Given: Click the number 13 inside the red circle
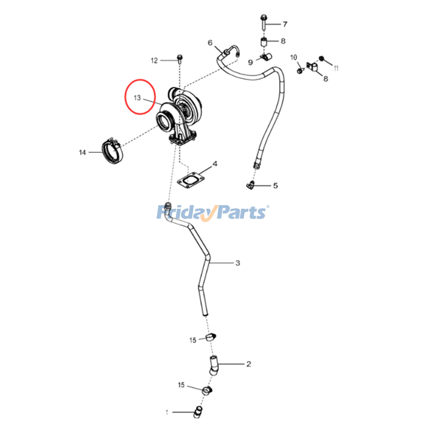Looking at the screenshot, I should tap(137, 98).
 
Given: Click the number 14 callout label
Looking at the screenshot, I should tap(83, 153).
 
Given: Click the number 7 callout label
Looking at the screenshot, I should tap(284, 24).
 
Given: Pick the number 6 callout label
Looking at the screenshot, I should tap(210, 43).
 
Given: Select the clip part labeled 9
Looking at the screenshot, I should tap(264, 56).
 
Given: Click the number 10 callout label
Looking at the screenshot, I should tap(293, 57).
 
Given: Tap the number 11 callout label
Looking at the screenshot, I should tap(336, 68).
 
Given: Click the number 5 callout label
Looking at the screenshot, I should tap(275, 186).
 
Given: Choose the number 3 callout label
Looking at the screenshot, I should tap(238, 263).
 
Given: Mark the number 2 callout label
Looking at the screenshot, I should tap(248, 365).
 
